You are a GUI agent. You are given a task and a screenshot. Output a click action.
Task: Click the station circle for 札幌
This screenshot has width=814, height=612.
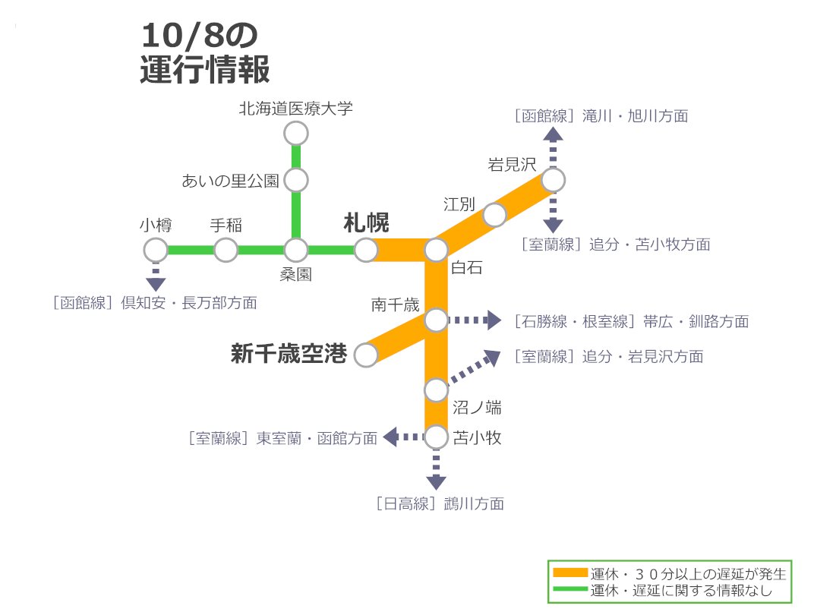(x=366, y=249)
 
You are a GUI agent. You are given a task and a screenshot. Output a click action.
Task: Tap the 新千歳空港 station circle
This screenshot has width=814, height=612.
(x=366, y=355)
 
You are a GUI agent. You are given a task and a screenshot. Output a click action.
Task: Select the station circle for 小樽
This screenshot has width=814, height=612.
(x=156, y=249)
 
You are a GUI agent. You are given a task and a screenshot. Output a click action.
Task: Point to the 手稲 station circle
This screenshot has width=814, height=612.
(x=226, y=249)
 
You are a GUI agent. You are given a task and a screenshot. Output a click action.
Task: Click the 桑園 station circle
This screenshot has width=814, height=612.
(x=295, y=249)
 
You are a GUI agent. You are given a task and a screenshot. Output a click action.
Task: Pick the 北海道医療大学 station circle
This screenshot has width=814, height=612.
(x=295, y=134)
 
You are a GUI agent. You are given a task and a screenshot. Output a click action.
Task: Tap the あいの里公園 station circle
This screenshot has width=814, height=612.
(x=295, y=181)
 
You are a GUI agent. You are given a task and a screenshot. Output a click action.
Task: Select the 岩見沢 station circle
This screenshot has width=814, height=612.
(x=553, y=180)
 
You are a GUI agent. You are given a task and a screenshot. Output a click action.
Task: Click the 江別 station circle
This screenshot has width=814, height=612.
(x=495, y=215)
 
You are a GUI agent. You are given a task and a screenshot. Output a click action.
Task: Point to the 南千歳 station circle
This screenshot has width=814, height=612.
(x=436, y=320)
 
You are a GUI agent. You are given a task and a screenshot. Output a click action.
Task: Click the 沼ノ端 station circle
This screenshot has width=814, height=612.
(x=436, y=390)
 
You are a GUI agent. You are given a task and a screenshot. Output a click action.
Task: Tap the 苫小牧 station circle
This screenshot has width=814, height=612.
(x=436, y=437)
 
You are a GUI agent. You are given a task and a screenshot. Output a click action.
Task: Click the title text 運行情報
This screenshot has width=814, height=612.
(x=205, y=70)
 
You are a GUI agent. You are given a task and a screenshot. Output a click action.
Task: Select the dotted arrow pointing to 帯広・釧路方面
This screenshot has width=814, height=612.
(x=475, y=320)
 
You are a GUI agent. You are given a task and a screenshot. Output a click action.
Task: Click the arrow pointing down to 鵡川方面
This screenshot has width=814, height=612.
(x=436, y=472)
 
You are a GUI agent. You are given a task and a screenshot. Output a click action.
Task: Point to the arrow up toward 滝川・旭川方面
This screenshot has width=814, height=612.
(x=553, y=144)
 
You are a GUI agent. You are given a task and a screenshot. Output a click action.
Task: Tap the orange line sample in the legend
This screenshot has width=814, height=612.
(x=569, y=573)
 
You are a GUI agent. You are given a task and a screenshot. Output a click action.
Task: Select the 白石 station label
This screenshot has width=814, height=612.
(x=466, y=267)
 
